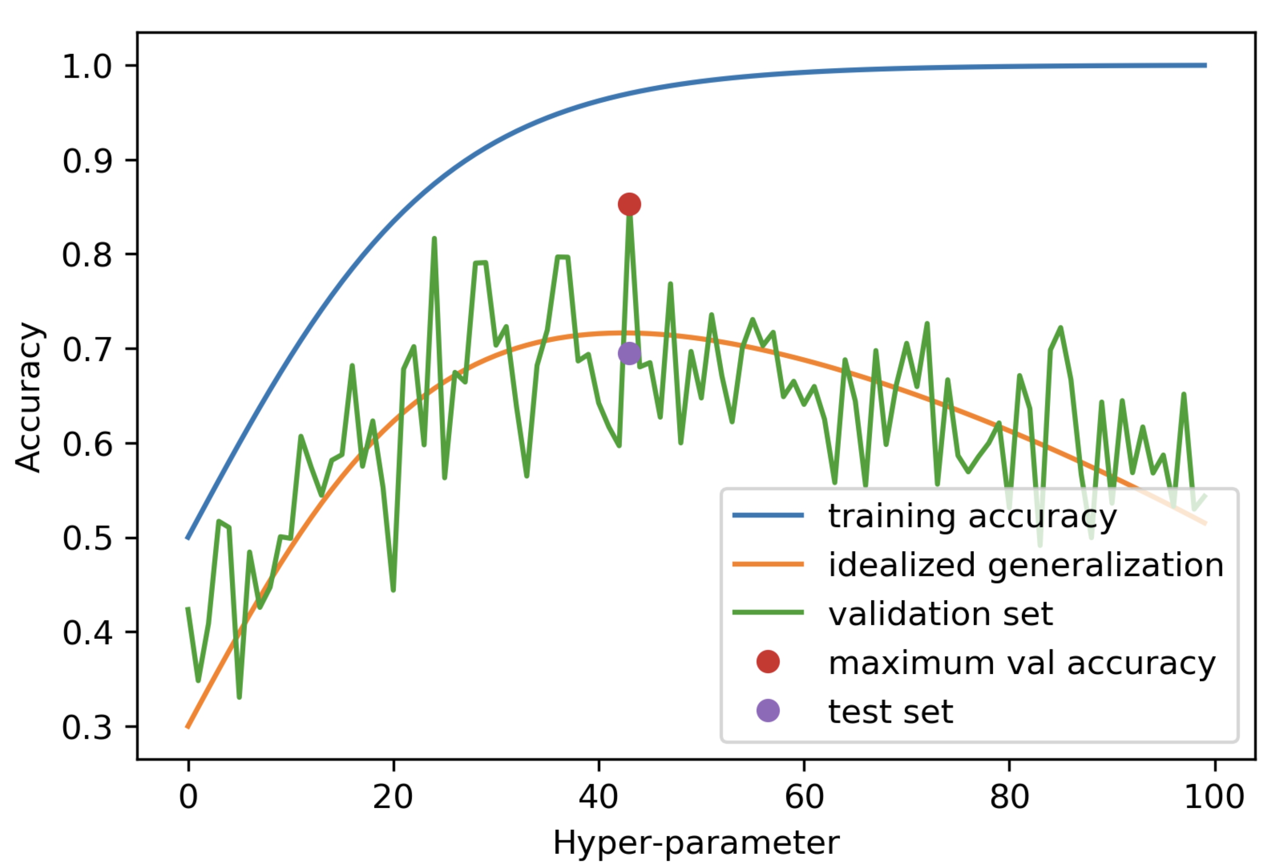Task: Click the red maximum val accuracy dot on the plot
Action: pos(629,204)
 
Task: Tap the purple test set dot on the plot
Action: pos(629,353)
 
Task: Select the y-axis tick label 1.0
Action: pos(87,67)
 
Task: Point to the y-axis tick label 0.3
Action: pos(87,728)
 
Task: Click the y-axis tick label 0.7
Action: pos(87,350)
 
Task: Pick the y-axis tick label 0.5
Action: pos(87,539)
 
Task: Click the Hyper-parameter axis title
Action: pos(696,843)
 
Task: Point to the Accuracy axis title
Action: pos(28,396)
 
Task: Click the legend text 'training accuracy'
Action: pos(972,517)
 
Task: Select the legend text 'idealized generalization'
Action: pos(1026,565)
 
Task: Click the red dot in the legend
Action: pos(768,662)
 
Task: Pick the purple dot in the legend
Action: pos(768,711)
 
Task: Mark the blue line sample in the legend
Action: pos(768,515)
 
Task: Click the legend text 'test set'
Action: pos(891,711)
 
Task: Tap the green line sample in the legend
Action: pos(768,612)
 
